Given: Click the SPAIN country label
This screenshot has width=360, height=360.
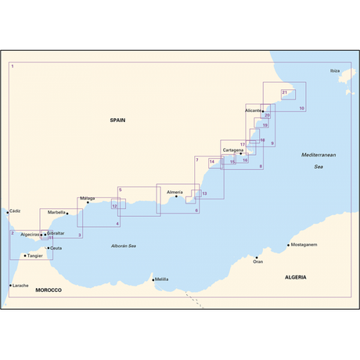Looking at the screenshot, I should pyautogui.click(x=117, y=120).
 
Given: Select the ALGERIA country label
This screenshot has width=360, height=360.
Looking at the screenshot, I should pyautogui.click(x=296, y=277).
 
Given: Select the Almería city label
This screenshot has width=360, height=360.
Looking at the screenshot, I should pyautogui.click(x=174, y=192).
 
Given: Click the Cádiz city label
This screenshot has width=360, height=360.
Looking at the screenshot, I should pyautogui.click(x=15, y=211).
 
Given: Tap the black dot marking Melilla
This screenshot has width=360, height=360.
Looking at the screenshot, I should pyautogui.click(x=153, y=279).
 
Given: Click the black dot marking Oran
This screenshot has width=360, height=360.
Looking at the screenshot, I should pyautogui.click(x=257, y=257).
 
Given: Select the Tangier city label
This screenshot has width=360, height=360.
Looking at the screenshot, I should pyautogui.click(x=34, y=255).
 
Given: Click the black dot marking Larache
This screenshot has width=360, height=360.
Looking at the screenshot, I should pyautogui.click(x=9, y=286).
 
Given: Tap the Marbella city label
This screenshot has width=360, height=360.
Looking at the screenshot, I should pyautogui.click(x=56, y=212).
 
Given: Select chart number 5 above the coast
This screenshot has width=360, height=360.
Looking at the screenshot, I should pyautogui.click(x=121, y=190).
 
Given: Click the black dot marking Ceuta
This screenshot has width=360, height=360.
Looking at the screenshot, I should pyautogui.click(x=48, y=249).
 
